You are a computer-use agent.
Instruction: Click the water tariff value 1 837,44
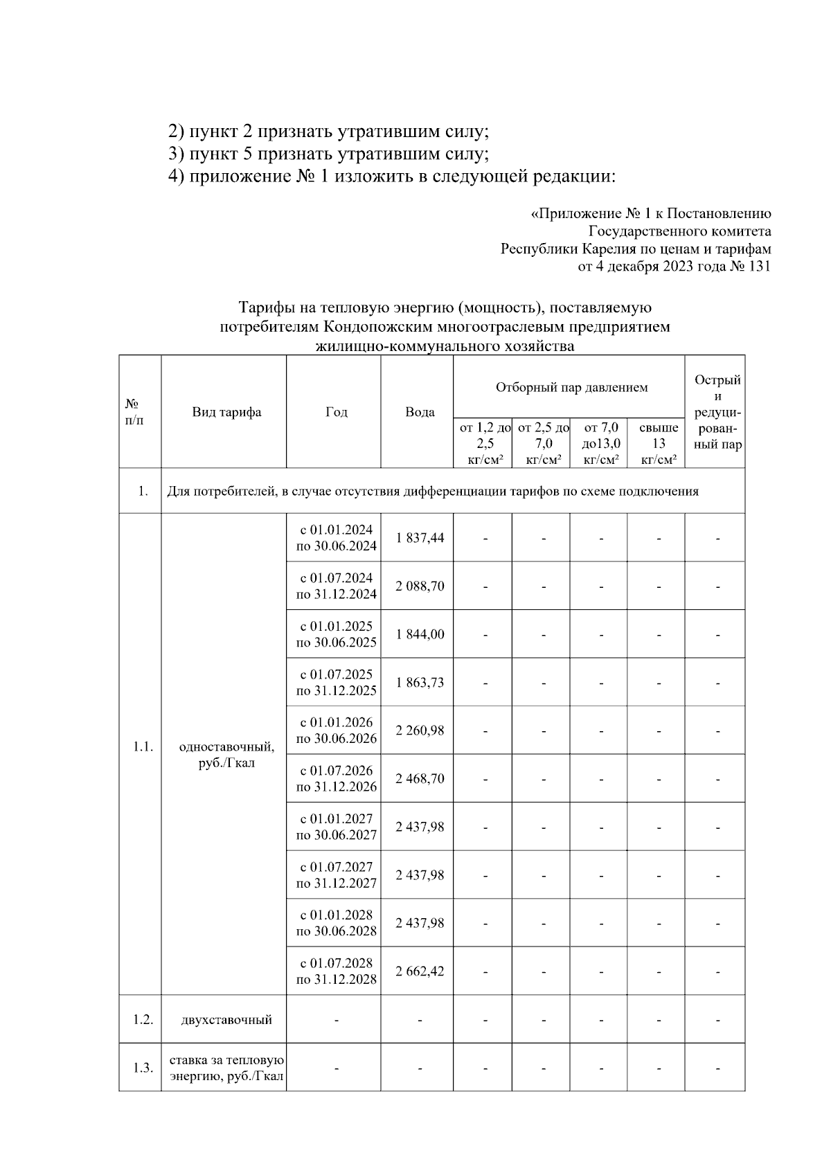[x=420, y=537]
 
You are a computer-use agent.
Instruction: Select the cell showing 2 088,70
[x=420, y=586]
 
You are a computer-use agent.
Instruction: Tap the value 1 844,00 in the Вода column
[x=420, y=634]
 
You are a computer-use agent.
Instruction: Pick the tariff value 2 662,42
[x=420, y=971]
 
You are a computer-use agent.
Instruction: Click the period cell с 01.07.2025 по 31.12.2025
[x=337, y=682]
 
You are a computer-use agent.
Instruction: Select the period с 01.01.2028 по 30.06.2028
[x=337, y=923]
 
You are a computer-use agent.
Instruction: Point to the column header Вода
[x=420, y=413]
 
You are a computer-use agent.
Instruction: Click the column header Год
[x=337, y=413]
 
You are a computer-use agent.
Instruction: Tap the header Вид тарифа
[x=226, y=413]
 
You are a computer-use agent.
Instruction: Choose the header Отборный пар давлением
[x=571, y=387]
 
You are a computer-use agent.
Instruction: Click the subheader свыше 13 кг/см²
[x=658, y=443]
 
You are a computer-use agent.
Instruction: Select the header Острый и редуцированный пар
[x=717, y=413]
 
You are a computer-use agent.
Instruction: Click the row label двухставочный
[x=226, y=1019]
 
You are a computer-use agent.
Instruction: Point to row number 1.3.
[x=143, y=1068]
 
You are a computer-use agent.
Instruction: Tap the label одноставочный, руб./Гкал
[x=226, y=755]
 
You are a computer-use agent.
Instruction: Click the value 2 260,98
[x=420, y=730]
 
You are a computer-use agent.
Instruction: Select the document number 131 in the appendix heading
[x=759, y=267]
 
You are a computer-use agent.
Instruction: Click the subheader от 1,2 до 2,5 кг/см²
[x=485, y=443]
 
